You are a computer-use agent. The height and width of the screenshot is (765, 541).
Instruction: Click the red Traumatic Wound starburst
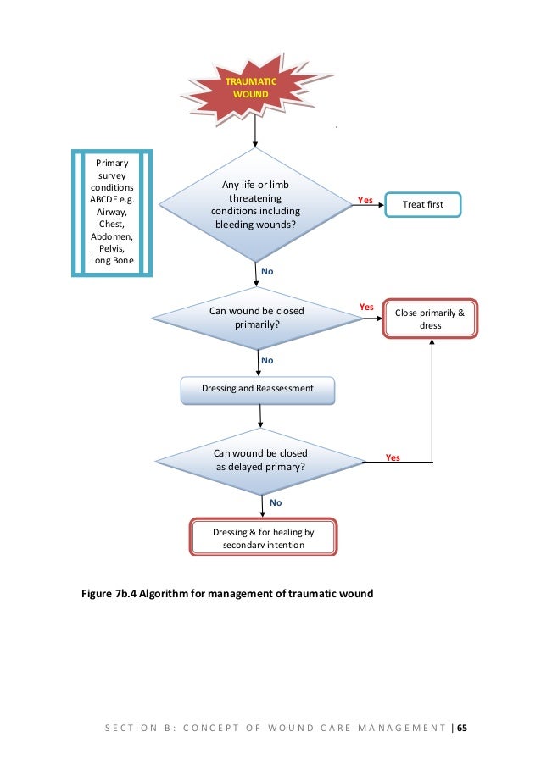[x=253, y=89]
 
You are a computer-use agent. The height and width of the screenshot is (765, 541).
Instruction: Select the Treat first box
[x=423, y=204]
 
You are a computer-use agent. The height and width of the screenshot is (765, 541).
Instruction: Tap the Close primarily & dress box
[x=430, y=319]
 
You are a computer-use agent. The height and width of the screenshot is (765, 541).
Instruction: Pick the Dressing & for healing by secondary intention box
[x=263, y=537]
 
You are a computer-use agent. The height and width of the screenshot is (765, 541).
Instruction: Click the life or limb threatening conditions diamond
[x=255, y=204]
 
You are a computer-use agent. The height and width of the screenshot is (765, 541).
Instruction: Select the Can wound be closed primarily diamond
[x=257, y=318]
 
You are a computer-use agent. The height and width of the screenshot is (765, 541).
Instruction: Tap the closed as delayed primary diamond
[x=260, y=461]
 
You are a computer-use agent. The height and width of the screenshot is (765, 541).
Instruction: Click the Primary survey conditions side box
[x=112, y=213]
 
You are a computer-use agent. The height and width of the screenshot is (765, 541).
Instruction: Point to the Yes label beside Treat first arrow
[x=365, y=200]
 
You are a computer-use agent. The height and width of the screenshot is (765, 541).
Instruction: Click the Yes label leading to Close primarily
[x=366, y=307]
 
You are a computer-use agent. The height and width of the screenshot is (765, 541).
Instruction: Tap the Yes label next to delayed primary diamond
[x=393, y=457]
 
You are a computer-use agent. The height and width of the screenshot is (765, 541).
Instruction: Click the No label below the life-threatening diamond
[x=267, y=271]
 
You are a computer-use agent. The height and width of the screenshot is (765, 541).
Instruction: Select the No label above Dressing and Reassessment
[x=267, y=361]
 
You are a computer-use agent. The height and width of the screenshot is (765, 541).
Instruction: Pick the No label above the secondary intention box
[x=276, y=502]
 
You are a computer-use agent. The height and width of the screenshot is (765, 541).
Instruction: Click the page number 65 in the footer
[x=462, y=728]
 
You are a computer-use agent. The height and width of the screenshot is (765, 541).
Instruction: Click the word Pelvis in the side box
[x=112, y=248]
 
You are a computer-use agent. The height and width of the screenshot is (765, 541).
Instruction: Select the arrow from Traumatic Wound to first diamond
[x=255, y=130]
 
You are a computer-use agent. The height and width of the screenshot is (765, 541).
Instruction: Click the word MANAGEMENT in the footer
[x=402, y=728]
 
